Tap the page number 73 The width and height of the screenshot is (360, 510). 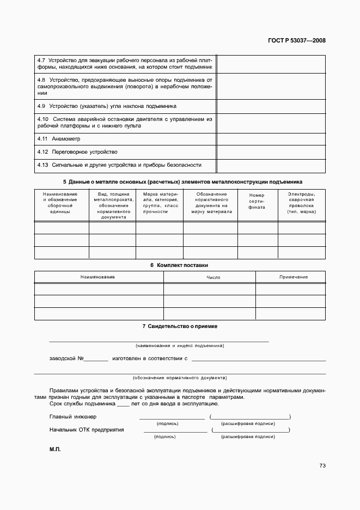[322, 466]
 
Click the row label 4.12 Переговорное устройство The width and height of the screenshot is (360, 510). [77, 152]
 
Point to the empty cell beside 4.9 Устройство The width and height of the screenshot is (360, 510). [271, 106]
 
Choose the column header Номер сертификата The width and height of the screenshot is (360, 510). [257, 202]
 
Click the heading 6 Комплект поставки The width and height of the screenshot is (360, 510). [180, 265]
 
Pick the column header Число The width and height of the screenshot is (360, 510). [213, 277]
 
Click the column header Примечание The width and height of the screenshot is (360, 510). [293, 277]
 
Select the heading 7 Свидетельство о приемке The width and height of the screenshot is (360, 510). [180, 326]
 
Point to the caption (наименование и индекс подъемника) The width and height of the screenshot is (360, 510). [180, 346]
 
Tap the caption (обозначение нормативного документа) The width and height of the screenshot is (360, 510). [180, 378]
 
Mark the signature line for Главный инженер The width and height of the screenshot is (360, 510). [172, 418]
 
